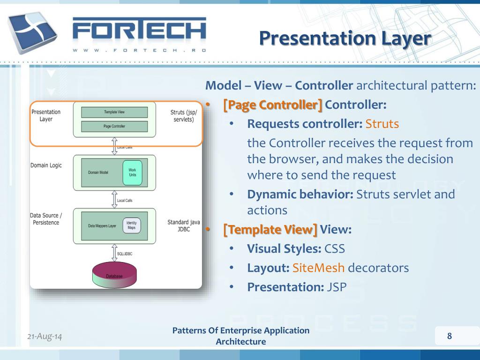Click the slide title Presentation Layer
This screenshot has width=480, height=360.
point(345,38)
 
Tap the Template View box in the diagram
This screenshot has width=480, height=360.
point(114,112)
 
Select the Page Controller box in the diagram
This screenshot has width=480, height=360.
point(114,126)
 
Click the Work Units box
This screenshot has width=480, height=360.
point(132,172)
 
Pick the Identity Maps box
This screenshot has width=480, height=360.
point(132,225)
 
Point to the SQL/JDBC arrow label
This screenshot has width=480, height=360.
point(125,254)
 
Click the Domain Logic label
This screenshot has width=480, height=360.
point(46,165)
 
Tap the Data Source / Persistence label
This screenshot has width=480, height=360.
point(46,219)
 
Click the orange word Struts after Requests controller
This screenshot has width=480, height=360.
point(382,124)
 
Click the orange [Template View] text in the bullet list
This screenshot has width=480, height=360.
point(270,230)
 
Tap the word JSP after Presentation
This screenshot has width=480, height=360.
point(337,286)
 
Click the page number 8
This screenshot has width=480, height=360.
point(450,336)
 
